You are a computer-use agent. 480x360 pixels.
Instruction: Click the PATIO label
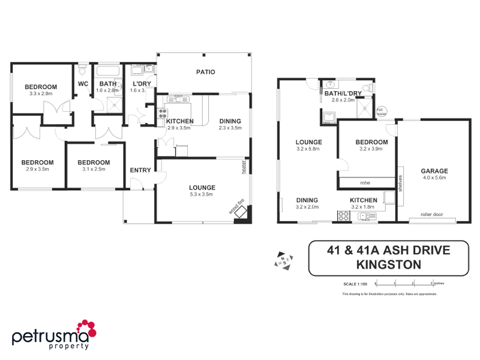(205, 73)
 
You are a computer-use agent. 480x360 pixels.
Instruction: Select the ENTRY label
(140, 170)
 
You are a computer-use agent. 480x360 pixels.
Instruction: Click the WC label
(83, 84)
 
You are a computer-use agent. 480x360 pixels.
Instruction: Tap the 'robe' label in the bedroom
(365, 182)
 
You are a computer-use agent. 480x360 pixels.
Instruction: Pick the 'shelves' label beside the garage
(399, 183)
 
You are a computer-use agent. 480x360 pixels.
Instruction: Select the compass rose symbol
(283, 259)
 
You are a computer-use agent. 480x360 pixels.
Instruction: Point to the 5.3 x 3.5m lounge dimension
(202, 194)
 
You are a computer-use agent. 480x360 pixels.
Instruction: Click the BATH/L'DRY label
(343, 94)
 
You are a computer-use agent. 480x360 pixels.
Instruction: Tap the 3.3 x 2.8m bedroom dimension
(41, 93)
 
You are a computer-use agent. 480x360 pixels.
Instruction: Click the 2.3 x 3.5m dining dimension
(230, 127)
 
